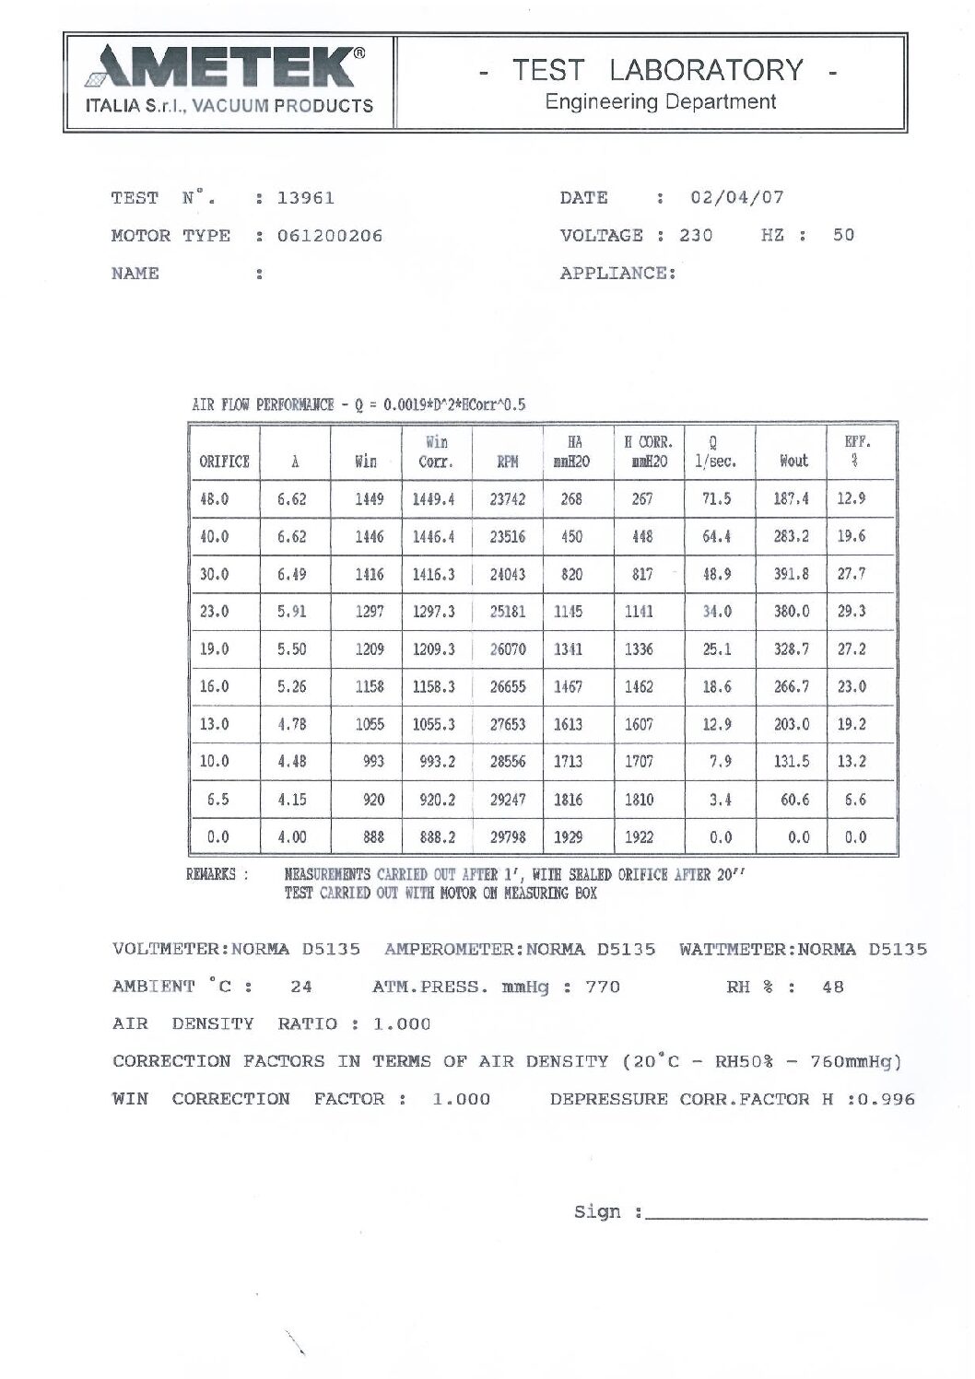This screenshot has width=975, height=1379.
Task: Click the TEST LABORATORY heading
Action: [x=658, y=70]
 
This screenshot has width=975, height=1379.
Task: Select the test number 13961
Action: [x=306, y=198]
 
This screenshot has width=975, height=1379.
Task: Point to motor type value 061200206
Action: [x=330, y=236]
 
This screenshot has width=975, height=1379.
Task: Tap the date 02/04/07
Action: [x=737, y=198]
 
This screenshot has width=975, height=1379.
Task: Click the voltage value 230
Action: [x=696, y=236]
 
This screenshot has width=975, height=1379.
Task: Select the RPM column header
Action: [x=508, y=462]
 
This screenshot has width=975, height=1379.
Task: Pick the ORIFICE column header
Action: [x=224, y=462]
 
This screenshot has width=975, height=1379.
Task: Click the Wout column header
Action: [x=793, y=461]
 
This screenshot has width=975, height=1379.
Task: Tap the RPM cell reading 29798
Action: [x=508, y=837]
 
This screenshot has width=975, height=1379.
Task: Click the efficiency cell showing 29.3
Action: [x=852, y=612]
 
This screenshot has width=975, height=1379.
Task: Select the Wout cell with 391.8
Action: [x=792, y=574]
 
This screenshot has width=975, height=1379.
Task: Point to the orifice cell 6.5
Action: [x=217, y=800]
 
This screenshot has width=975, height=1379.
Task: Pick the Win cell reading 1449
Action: [x=370, y=499]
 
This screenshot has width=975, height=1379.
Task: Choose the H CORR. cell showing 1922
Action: [x=640, y=837]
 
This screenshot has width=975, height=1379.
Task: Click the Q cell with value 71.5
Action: [x=717, y=499]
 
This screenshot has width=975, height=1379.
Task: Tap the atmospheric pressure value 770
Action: [x=603, y=988]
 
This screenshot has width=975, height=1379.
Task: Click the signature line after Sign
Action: [x=786, y=1217]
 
